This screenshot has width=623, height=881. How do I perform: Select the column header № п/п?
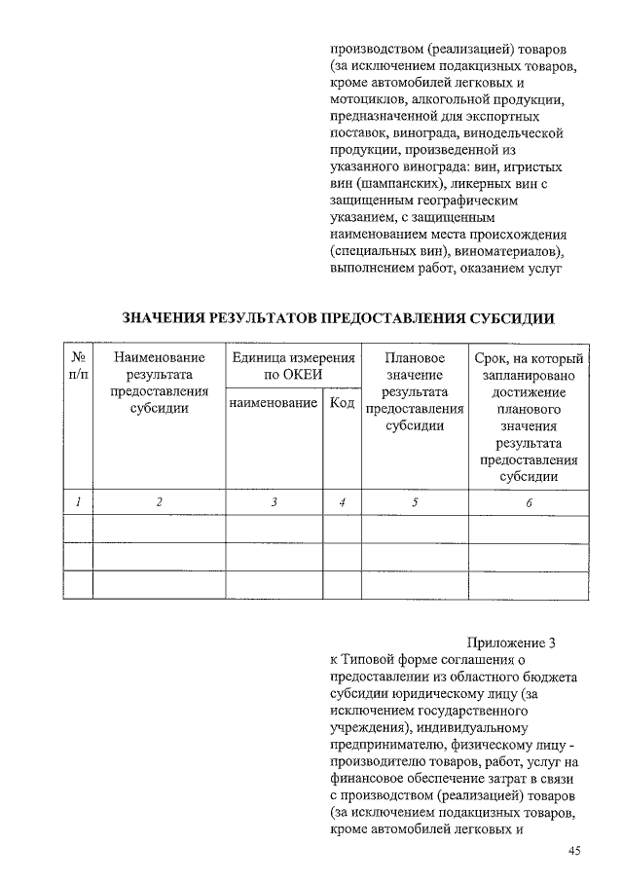click(77, 366)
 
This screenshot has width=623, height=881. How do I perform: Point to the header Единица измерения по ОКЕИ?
click(293, 366)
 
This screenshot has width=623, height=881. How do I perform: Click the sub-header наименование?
click(275, 402)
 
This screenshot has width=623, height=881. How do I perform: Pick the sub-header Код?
click(342, 402)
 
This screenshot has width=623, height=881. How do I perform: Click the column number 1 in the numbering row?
click(77, 502)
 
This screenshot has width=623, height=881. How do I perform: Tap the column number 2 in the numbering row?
click(159, 502)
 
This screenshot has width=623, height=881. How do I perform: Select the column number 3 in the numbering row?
click(275, 502)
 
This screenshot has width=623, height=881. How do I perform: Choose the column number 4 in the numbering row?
click(342, 502)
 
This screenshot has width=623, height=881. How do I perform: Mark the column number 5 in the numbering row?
click(415, 502)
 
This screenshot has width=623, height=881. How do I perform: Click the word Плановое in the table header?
click(415, 358)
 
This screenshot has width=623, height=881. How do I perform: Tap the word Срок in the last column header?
click(491, 358)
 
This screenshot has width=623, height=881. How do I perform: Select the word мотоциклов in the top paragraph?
click(365, 100)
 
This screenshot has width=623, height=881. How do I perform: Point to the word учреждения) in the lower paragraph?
click(368, 727)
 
